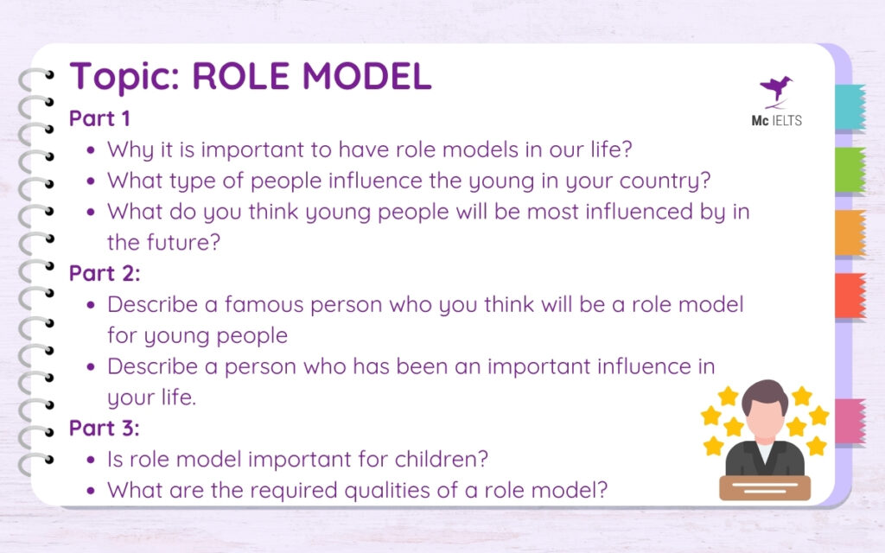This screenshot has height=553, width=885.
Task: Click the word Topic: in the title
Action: [124, 77]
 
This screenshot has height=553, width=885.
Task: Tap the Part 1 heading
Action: [99, 118]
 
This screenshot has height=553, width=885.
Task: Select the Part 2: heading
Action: [104, 273]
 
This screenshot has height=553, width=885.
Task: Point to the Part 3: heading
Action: [104, 428]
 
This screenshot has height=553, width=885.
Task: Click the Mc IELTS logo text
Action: [776, 120]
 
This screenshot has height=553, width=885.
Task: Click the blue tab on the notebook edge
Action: [850, 108]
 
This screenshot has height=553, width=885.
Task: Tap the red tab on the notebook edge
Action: [850, 296]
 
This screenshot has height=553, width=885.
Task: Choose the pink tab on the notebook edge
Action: [850, 422]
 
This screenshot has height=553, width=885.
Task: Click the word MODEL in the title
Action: [366, 77]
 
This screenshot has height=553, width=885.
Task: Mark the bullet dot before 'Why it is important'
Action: [92, 150]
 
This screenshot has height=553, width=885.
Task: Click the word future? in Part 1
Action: [187, 243]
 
